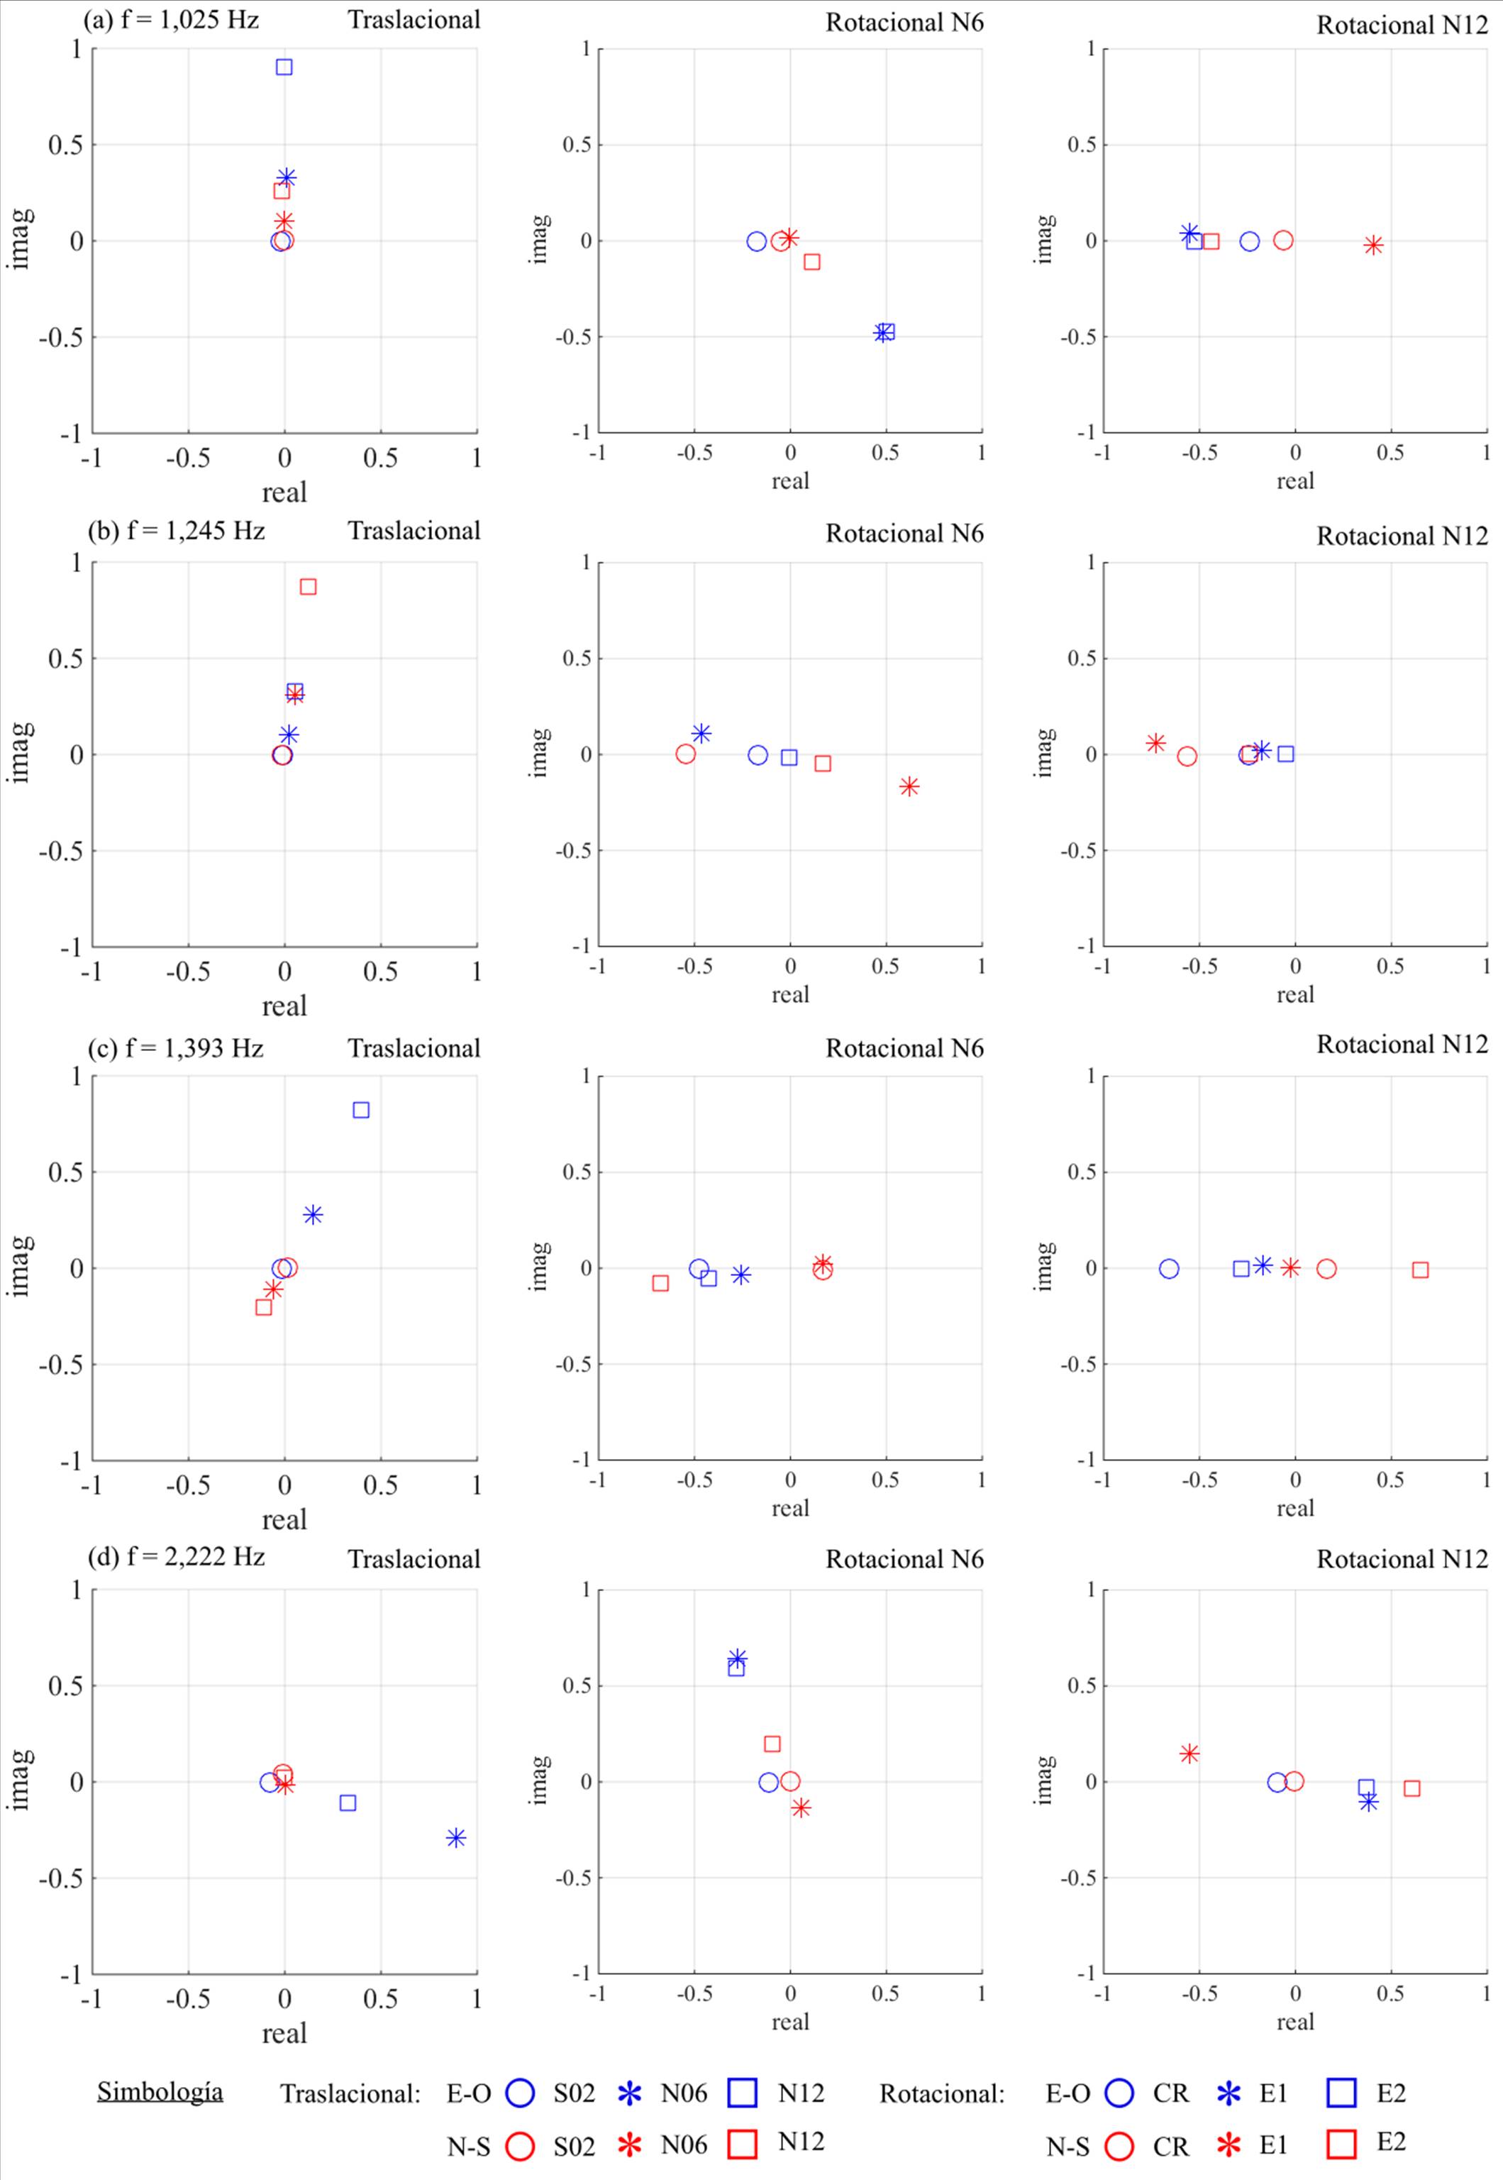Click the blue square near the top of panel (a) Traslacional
284,67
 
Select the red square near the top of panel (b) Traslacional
308,587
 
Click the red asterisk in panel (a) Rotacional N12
1374,245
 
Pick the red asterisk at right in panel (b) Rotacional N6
909,787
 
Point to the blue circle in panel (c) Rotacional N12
1169,1269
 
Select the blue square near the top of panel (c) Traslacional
361,1110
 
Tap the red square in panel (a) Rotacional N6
811,261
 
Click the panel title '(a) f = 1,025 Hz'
172,19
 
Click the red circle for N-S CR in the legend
1119,2147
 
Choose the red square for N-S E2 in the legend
1341,2145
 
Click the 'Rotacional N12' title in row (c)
1402,1044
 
